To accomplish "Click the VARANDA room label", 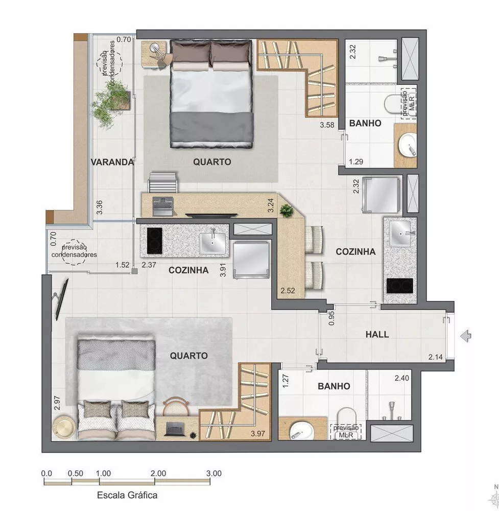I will [112, 162].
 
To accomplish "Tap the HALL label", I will [377, 335].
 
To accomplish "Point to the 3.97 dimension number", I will [259, 434].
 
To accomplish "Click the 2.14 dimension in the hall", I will [436, 357].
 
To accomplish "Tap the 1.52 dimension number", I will [123, 265].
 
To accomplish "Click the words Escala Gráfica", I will [127, 495].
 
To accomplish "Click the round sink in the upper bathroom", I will [409, 147].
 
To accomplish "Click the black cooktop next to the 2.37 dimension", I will [154, 240].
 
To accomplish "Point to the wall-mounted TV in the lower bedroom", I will [60, 298].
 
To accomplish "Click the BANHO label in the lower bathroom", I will [334, 386].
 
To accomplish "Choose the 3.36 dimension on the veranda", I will [100, 206].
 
